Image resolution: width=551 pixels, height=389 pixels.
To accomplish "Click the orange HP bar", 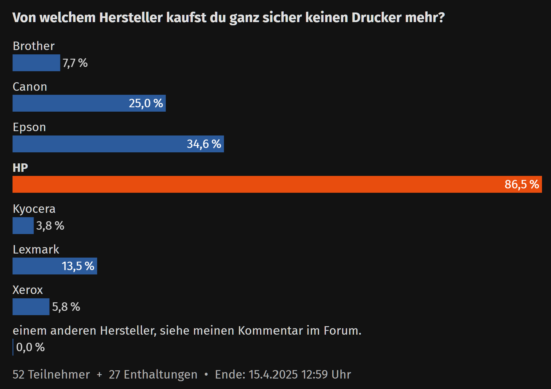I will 262,184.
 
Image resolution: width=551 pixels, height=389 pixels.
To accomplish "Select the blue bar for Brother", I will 36,63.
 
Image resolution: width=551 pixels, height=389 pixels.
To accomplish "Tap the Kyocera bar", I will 23,226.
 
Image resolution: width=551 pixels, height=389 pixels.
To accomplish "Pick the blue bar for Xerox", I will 31,307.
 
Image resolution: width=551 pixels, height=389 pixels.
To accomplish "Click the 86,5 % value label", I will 522,184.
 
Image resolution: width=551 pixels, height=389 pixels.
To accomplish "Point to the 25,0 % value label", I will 146,103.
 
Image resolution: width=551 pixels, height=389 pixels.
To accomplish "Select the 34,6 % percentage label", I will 204,144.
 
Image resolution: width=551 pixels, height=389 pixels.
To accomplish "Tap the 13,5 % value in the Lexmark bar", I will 78,266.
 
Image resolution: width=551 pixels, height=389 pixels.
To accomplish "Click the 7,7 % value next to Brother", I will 75,63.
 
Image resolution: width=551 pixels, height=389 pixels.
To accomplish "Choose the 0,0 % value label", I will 30,347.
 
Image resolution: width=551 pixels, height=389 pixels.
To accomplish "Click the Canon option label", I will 30,87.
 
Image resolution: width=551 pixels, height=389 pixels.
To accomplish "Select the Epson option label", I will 29,127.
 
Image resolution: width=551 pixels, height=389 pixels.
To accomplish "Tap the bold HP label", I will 20,168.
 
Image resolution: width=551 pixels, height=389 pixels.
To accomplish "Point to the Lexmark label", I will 36,249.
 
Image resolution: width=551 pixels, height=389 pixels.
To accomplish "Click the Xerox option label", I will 28,290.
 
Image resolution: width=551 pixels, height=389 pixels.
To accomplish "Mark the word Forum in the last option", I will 342,331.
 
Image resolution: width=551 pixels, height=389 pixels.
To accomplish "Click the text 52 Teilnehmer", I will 51,374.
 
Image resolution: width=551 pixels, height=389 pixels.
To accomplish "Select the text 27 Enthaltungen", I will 153,374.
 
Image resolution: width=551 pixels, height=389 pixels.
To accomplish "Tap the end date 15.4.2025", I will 273,374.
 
